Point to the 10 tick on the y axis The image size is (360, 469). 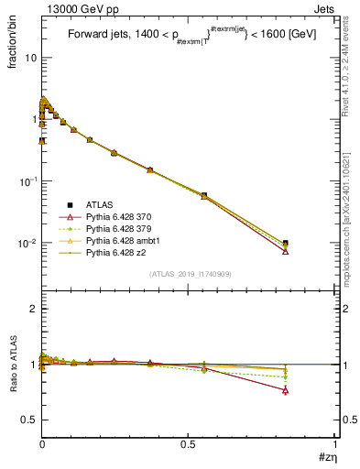coord(30,57)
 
